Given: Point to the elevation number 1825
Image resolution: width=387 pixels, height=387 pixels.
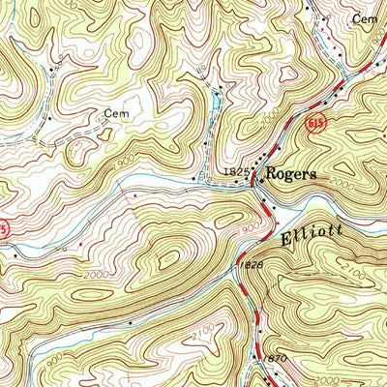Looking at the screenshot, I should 237,172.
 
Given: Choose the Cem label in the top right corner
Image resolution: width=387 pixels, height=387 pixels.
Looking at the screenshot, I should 364,18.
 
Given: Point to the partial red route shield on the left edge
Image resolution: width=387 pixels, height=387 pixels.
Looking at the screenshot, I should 4,228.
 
